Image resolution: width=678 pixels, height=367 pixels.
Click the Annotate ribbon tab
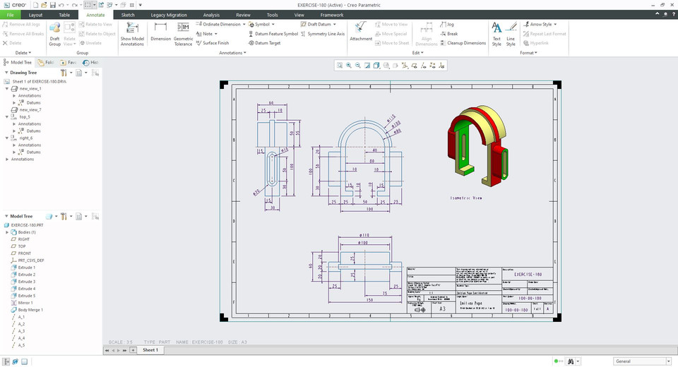coord(95,14)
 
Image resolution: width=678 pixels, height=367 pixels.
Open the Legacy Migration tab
coord(169,14)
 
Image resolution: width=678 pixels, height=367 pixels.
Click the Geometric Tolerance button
coord(183,33)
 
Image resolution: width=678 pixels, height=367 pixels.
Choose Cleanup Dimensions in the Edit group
coord(466,43)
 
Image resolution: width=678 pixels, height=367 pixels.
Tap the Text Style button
coord(496,33)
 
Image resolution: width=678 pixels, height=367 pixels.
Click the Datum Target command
coord(267,43)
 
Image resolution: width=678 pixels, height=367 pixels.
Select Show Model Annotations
coord(132,33)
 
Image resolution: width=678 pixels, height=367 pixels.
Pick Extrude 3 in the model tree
coord(26,282)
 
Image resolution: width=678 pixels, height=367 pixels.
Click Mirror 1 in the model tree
coord(25,303)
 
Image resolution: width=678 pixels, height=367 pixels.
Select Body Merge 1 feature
coord(30,310)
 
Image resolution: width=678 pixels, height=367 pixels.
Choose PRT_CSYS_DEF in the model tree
coord(31,260)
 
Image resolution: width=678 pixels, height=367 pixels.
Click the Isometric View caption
coord(466,198)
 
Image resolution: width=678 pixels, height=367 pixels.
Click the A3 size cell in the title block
coord(443,308)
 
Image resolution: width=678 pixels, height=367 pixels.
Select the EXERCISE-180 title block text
coord(528,273)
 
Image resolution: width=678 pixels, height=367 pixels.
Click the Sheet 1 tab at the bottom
coord(150,350)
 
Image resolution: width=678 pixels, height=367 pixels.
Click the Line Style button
coord(511,33)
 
